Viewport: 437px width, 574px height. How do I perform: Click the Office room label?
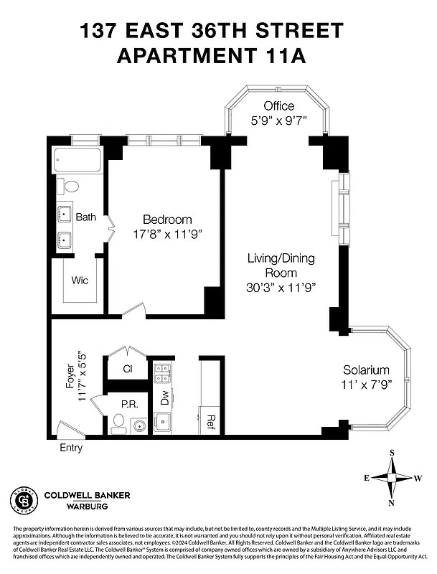click(x=278, y=106)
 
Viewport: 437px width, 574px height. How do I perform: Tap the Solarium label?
click(x=366, y=370)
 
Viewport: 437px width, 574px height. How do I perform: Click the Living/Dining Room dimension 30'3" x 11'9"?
click(x=281, y=287)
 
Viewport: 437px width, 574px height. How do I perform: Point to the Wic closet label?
click(x=79, y=280)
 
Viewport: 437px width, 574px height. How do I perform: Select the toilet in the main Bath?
click(x=70, y=187)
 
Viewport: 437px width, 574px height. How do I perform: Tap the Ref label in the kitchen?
click(x=212, y=419)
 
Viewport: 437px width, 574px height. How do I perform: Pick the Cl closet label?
click(x=128, y=370)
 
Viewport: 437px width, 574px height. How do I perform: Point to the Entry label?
click(x=70, y=448)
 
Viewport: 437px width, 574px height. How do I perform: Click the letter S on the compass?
click(x=392, y=453)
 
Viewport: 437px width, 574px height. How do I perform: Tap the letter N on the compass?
click(x=392, y=503)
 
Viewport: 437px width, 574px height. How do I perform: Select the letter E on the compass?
click(x=367, y=478)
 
